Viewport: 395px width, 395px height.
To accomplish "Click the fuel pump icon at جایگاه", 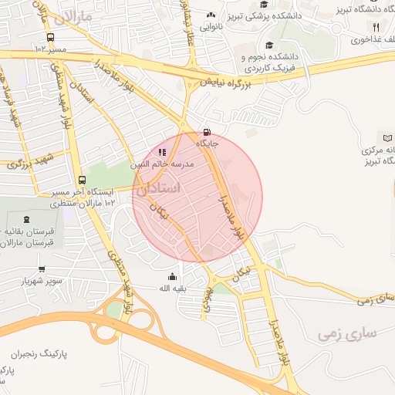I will (x=205, y=131).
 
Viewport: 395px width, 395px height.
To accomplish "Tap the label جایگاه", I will (x=208, y=143).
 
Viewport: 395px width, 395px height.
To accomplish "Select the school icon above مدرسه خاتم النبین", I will (x=161, y=152).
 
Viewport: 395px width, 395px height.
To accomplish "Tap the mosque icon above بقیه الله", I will (x=171, y=277).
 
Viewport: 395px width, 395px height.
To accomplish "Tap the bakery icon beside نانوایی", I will (x=211, y=14).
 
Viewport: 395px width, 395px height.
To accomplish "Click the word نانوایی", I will (x=212, y=25).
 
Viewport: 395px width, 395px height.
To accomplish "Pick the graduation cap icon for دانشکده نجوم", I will (x=268, y=45).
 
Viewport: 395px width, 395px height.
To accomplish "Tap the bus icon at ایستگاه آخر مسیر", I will (x=82, y=178).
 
